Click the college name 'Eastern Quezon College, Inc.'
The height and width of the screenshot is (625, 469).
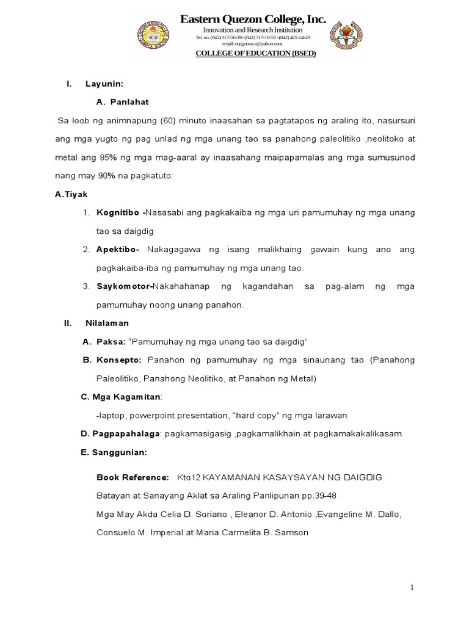(x=253, y=20)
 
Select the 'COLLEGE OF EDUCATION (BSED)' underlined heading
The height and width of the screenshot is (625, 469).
(x=255, y=53)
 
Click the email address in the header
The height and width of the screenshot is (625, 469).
(x=252, y=44)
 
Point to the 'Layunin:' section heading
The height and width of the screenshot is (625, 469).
(x=104, y=84)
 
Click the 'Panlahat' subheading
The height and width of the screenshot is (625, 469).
(x=129, y=102)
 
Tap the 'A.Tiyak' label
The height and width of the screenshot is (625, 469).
(x=71, y=194)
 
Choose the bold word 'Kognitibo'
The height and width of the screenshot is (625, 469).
(x=119, y=212)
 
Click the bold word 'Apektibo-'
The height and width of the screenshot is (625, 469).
(x=118, y=250)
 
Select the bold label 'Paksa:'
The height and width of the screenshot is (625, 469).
(x=111, y=342)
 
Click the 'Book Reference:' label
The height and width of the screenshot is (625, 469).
(x=133, y=477)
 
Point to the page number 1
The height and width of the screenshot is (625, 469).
(x=412, y=587)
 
